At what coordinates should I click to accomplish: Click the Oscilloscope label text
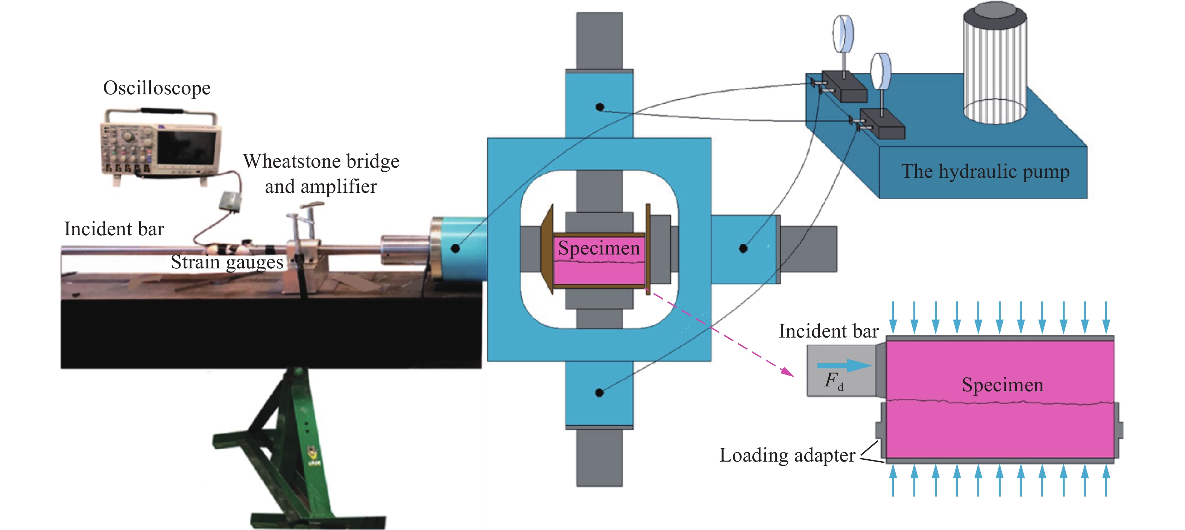click(157, 88)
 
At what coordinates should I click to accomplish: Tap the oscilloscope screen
click(186, 148)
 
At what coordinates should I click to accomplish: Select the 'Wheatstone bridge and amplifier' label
click(321, 174)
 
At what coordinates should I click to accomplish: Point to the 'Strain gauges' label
click(227, 262)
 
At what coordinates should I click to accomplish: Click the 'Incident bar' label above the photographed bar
click(114, 229)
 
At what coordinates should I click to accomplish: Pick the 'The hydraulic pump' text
click(985, 171)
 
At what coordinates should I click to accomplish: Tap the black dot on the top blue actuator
click(600, 107)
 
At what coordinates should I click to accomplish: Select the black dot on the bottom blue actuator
click(599, 392)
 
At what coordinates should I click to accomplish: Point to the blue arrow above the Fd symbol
click(845, 366)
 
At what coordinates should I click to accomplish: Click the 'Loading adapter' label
click(787, 455)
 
